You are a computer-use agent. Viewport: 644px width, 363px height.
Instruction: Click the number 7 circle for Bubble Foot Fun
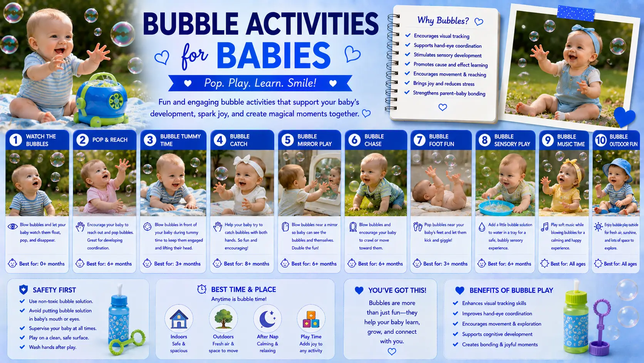419,140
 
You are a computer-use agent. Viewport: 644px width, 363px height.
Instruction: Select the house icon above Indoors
179,319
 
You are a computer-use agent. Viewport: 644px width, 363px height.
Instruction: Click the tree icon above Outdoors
223,319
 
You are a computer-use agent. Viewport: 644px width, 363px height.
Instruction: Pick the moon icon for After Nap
267,319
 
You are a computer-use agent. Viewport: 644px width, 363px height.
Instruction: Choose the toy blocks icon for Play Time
311,319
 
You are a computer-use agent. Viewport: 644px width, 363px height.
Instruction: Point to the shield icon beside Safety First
23,290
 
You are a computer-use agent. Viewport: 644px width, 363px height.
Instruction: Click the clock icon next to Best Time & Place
202,289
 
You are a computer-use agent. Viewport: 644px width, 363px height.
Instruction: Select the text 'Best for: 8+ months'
247,264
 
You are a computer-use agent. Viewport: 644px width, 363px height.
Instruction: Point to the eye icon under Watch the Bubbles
13,226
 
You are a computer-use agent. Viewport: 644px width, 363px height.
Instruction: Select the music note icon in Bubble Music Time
545,226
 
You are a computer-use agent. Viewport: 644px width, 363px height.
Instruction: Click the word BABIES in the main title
273,56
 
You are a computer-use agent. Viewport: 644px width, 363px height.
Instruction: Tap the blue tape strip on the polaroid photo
576,13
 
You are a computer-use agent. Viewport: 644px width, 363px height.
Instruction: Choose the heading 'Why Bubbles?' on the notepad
443,21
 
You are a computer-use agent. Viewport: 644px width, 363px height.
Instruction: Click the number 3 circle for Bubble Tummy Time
150,140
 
